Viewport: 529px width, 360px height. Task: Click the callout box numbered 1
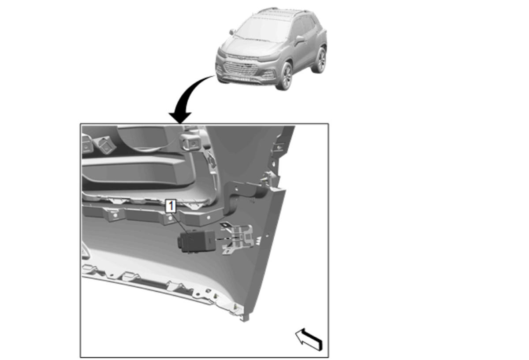pos(171,206)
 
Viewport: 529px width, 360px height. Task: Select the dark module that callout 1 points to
pos(197,241)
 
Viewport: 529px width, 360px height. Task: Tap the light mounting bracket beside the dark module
pos(237,238)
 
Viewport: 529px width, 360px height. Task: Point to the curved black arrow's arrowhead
pos(180,117)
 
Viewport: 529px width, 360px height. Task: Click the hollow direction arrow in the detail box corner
pos(309,339)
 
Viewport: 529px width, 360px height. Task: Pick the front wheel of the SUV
pos(285,76)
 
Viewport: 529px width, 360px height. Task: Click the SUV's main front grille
pos(240,68)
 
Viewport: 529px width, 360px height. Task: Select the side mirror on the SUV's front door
pos(299,39)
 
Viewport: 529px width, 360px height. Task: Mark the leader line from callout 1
pos(183,226)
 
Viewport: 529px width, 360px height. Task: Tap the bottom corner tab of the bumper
pos(245,318)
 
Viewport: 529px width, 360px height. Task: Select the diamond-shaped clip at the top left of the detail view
pos(105,145)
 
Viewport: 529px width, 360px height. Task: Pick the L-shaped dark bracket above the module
pos(243,196)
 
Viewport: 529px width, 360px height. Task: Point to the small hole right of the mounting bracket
pos(267,236)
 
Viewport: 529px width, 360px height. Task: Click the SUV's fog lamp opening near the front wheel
pos(268,75)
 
